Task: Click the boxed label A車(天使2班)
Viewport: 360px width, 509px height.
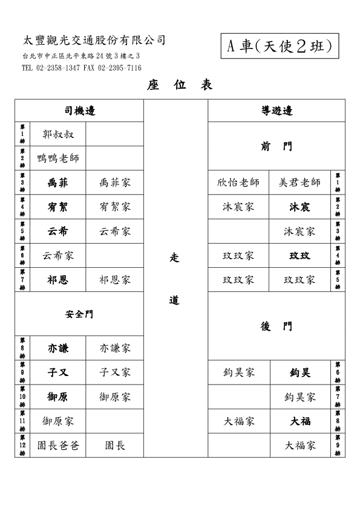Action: coord(280,46)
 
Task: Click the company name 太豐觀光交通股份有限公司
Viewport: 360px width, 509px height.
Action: coord(94,41)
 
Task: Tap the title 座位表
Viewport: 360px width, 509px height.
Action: coord(180,85)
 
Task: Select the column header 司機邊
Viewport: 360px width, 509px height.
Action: coord(80,111)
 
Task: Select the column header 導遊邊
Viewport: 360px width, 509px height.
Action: coord(277,111)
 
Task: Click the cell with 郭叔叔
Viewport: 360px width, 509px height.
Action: coord(58,134)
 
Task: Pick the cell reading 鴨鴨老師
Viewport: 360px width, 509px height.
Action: coord(58,158)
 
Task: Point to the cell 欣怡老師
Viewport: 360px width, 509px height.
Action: coord(238,183)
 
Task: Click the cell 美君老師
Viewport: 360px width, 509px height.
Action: coord(299,183)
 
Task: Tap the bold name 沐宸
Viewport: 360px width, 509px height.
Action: coord(299,207)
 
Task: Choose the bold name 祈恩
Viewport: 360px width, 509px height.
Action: coord(58,280)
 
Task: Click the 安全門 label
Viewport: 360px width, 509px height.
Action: coord(79,314)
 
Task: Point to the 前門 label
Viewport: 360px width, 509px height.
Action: coord(277,146)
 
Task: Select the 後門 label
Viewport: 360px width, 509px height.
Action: coord(277,326)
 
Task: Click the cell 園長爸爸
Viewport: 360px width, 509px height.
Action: coord(58,446)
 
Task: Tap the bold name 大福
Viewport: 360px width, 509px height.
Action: coord(300,421)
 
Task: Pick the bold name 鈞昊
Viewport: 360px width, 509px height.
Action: coord(300,372)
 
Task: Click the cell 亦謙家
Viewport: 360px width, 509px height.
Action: coord(115,348)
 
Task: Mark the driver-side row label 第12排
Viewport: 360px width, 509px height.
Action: coord(22,446)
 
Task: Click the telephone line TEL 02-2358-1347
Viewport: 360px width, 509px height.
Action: coord(51,68)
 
